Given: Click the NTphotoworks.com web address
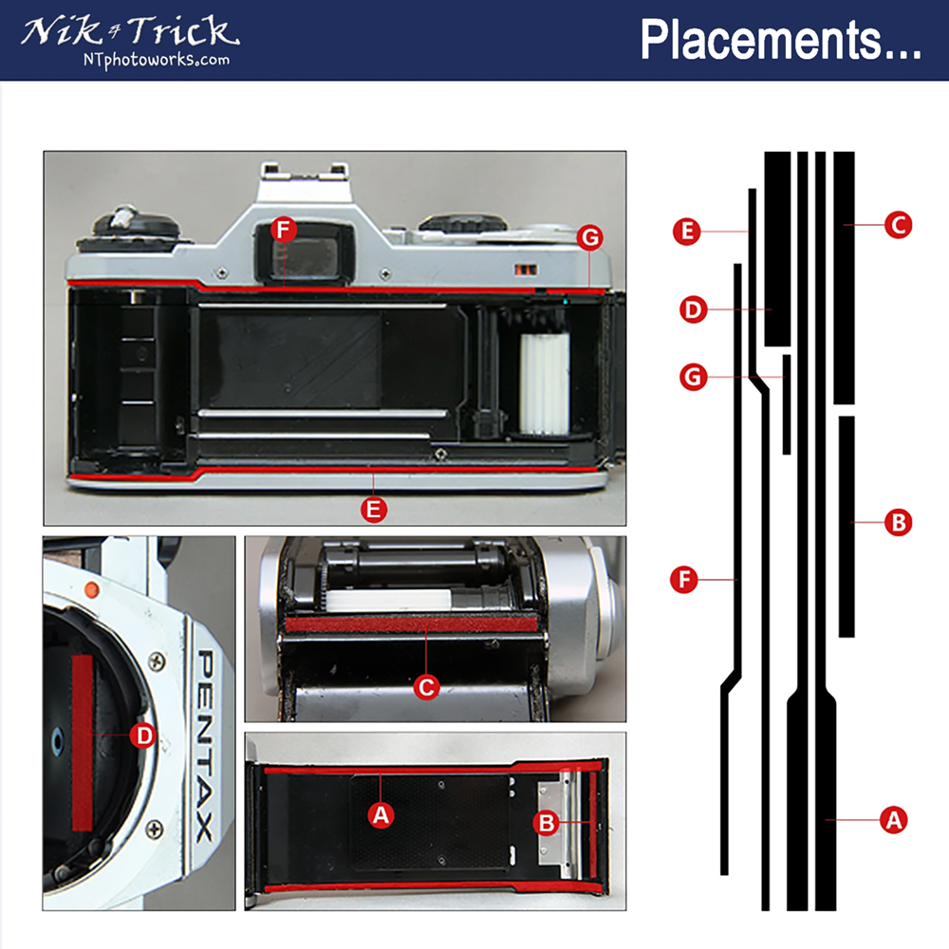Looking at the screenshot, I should (155, 60).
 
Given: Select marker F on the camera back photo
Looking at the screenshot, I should (283, 230).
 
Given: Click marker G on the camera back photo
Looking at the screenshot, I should (589, 238).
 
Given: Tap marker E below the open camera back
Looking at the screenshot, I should (375, 510).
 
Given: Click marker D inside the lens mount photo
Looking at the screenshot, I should (142, 735).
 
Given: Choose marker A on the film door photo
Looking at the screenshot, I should (381, 814).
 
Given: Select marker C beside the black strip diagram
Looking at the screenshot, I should (897, 225).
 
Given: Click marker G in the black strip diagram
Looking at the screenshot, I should (695, 378).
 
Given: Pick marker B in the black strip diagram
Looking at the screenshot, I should (897, 521).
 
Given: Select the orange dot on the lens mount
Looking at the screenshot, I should (91, 589).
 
